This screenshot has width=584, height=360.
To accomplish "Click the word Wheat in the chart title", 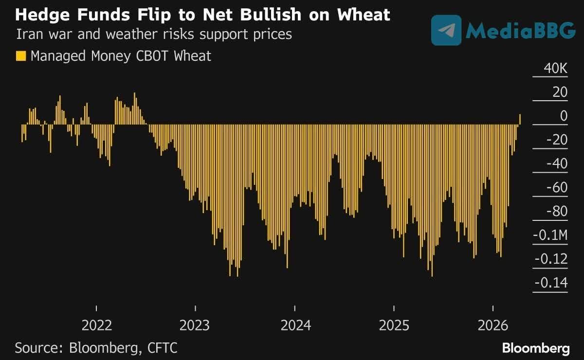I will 361,15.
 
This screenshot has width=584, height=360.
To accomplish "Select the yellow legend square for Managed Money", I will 20,56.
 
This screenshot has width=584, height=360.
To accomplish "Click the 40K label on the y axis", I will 555,69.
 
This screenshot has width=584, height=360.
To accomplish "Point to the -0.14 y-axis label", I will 551,283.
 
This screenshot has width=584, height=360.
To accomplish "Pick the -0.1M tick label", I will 550,235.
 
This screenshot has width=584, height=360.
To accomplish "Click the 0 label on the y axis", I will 564,116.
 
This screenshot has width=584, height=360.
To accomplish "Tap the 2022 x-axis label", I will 96,324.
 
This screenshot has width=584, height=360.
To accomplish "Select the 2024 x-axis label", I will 295,324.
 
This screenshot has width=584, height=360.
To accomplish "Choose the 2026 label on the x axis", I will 493,324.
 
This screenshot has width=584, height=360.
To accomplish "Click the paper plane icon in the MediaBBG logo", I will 446,30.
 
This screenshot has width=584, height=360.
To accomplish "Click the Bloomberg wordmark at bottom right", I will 535,348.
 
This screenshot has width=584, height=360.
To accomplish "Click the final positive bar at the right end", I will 520,119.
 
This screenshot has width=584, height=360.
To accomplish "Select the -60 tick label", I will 557,188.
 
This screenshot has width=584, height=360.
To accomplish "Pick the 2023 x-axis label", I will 195,324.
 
